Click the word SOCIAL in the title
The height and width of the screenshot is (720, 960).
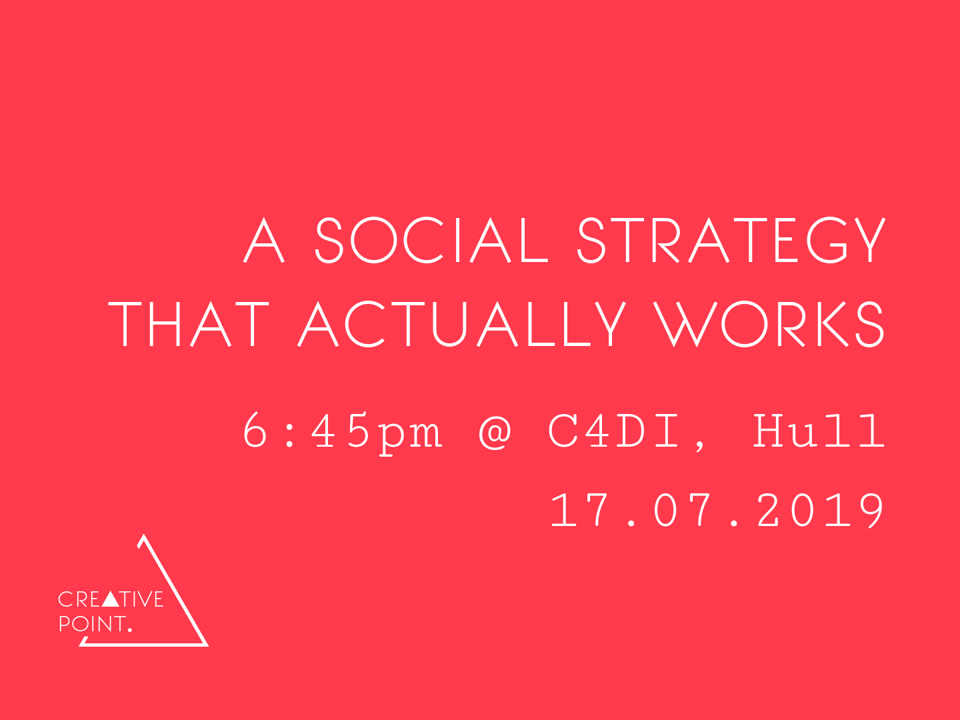point(431,241)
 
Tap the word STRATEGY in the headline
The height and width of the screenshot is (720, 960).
point(732,241)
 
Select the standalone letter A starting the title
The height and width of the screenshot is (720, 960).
point(264,241)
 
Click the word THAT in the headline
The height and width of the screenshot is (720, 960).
point(189,324)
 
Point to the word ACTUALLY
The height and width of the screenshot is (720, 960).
point(462,324)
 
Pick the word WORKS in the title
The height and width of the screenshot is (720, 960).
point(769,324)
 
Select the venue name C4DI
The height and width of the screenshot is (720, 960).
point(615,431)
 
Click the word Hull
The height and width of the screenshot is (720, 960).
point(819,431)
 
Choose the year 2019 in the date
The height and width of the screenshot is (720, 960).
point(821,510)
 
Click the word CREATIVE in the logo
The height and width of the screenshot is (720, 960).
point(111,599)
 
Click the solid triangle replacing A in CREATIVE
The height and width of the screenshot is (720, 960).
point(111,599)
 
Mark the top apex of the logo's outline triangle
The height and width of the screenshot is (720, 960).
point(143,535)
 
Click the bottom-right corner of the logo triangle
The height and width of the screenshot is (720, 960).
point(208,646)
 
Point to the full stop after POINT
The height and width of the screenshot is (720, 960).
point(129,630)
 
